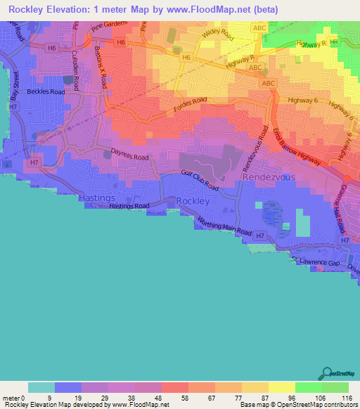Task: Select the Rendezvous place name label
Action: click(x=269, y=178)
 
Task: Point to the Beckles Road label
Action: click(x=46, y=91)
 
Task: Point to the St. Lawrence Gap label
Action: click(x=320, y=262)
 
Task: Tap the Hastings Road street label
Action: click(x=130, y=207)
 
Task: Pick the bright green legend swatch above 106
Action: click(x=309, y=387)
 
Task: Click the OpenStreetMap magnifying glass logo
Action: click(x=326, y=373)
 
